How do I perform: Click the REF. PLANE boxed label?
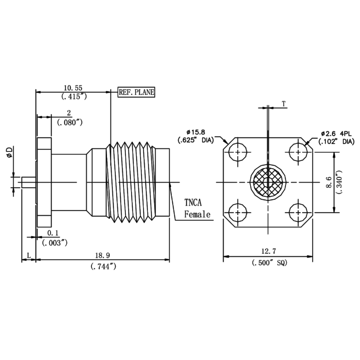point(136,92)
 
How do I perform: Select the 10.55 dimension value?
point(73,88)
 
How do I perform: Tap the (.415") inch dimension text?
point(73,96)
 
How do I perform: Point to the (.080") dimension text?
point(69,122)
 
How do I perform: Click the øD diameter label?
point(10,152)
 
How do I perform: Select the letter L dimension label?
point(29,255)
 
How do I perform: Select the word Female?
point(197,215)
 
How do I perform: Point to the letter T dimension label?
point(284,104)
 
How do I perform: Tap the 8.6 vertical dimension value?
point(330,182)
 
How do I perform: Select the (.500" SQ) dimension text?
point(269,262)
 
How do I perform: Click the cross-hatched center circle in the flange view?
point(268,182)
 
